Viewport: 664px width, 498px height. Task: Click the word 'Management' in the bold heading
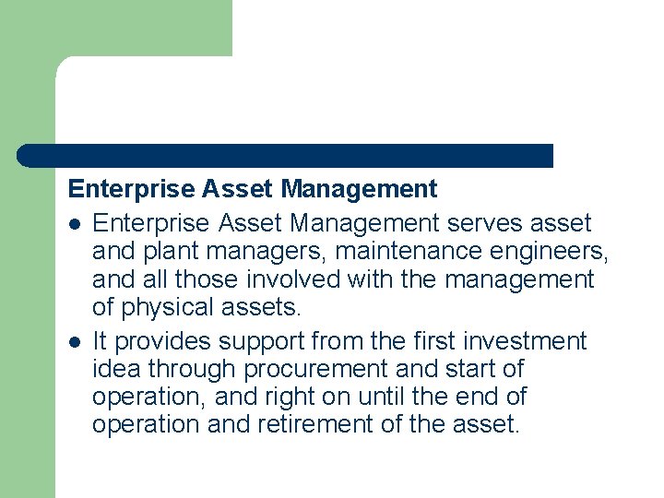coord(359,190)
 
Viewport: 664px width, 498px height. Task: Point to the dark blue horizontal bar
coord(286,156)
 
